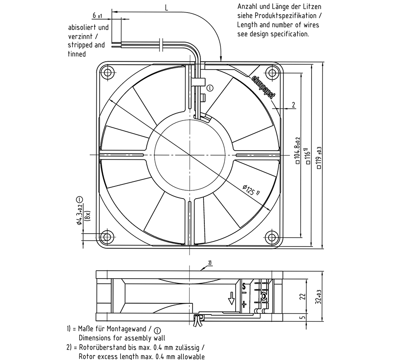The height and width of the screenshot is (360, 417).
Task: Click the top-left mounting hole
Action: coord(108,72)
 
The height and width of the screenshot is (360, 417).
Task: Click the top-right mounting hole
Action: coord(272,72)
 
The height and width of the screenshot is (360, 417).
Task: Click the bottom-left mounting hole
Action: coord(108,237)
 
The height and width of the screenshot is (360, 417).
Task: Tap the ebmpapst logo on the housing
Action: coord(263,86)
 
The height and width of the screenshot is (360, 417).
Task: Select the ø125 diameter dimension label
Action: coord(251,190)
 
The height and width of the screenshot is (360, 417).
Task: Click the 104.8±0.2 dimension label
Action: coord(298,150)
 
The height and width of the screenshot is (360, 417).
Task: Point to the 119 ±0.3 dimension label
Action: coord(319,158)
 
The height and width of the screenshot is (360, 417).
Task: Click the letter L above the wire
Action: coord(167,8)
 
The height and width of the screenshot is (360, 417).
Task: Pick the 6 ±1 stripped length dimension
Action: coord(98,16)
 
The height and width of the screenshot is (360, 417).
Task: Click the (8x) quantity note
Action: coord(88,215)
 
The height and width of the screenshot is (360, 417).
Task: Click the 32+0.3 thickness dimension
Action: coord(319,297)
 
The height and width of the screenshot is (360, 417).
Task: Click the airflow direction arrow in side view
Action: coord(231,298)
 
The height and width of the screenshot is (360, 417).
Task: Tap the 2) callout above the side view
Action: coord(210,263)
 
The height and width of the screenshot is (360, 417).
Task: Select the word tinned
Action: coord(77,54)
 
